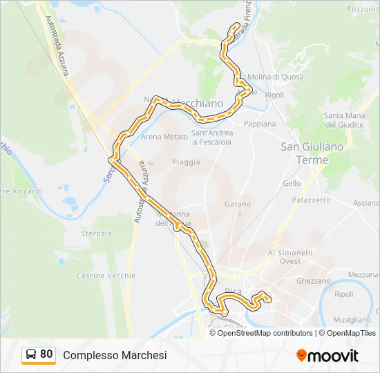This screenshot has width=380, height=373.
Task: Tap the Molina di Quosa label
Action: pos(275,77)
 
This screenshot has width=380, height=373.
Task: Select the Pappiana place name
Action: pos(259,124)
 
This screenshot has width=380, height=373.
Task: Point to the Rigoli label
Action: pos(274,95)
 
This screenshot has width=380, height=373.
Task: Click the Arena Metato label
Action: pos(164,137)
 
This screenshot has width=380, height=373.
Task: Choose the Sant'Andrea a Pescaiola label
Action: pos(211,137)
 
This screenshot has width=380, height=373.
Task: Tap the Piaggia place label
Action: pos(187,162)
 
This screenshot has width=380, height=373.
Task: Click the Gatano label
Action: pos(237,204)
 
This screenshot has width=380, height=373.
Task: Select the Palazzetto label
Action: pos(311,200)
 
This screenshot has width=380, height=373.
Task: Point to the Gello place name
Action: pos(292,184)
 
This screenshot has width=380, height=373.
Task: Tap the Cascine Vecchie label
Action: pos(106,276)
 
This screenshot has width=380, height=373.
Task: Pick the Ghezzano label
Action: pos(313,281)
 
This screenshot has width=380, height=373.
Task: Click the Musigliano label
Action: pos(352,320)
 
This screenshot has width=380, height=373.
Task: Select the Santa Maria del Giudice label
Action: pos(344,120)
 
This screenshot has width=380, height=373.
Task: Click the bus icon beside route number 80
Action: pos(31,355)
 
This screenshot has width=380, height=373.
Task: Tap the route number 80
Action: pos(46,354)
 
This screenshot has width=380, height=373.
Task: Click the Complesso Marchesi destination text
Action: pos(115,355)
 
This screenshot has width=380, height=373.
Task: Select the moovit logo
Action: pos(327,356)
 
